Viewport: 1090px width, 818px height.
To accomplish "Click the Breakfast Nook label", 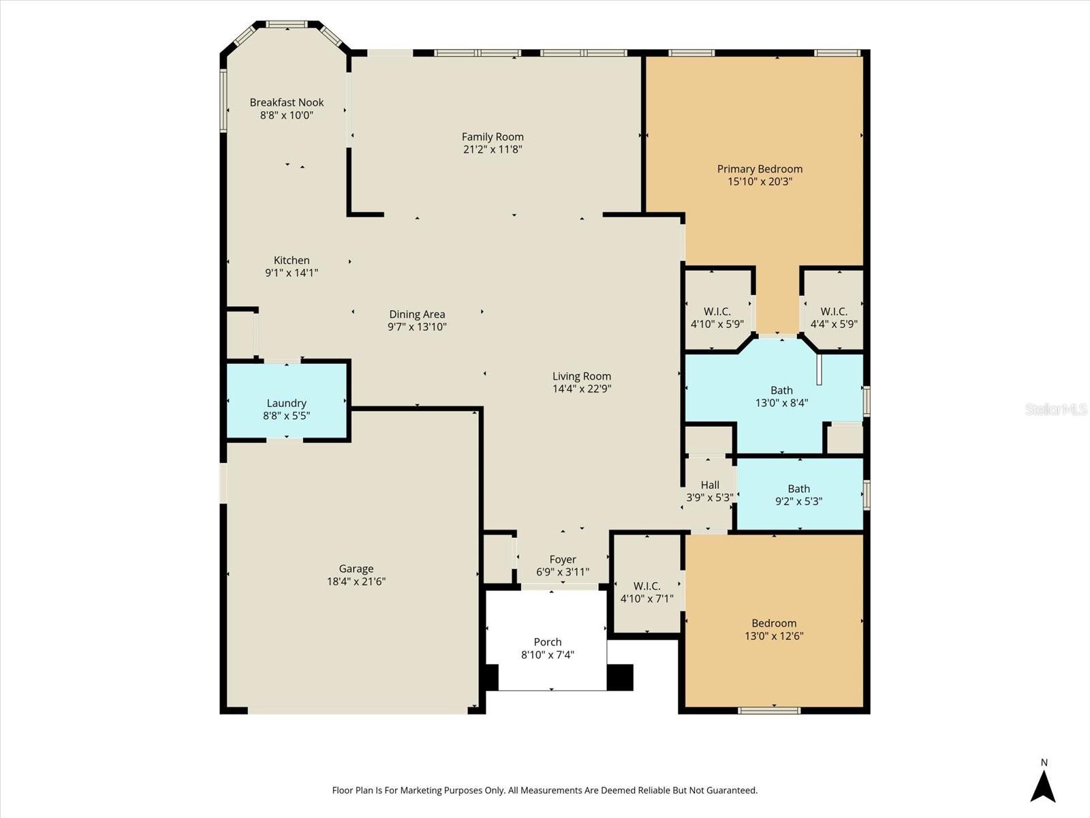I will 286,102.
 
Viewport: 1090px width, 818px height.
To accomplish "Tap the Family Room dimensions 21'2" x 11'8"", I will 493,149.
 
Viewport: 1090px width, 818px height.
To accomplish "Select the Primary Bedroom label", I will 760,168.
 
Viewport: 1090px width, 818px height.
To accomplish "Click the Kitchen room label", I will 292,260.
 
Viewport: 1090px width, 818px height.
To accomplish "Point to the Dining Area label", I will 417,314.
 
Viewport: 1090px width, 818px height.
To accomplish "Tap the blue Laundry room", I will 287,403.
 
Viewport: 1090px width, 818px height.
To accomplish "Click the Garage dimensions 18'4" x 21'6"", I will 356,581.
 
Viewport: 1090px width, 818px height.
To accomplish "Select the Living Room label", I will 581,376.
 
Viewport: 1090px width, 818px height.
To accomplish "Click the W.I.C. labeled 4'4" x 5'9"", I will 834,318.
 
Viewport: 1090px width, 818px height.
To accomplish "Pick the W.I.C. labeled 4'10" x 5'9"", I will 717,318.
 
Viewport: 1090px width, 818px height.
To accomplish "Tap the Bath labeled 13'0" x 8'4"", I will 781,396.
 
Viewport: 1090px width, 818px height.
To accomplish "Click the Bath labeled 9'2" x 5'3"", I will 798,495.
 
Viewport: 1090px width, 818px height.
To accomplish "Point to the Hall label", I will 710,485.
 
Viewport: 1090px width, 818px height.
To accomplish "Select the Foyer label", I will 563,560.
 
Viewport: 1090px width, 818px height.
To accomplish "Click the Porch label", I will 548,642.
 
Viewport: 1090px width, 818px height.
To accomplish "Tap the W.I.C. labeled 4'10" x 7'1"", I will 647,592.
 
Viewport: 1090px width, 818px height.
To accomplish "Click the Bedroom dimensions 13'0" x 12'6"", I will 774,636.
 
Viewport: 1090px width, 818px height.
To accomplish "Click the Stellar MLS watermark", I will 1056,409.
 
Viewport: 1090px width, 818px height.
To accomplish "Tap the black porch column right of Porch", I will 619,677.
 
